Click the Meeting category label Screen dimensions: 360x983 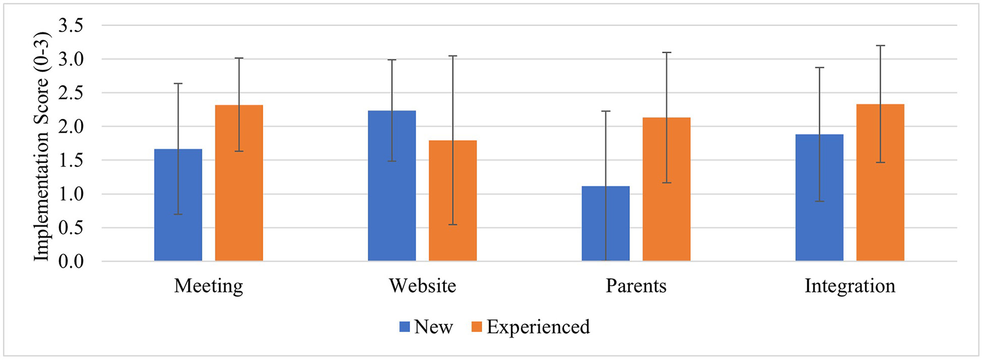209,286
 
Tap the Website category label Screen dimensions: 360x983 422,286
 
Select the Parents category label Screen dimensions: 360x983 636,286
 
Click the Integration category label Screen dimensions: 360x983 850,286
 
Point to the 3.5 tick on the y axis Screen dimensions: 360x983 71,26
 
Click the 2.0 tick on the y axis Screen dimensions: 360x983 71,126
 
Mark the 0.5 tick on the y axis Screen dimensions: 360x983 71,227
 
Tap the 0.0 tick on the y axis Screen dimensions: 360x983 71,261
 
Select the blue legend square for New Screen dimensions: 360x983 404,327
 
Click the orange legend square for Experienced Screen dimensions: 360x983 477,327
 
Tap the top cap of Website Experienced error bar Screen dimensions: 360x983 453,56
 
